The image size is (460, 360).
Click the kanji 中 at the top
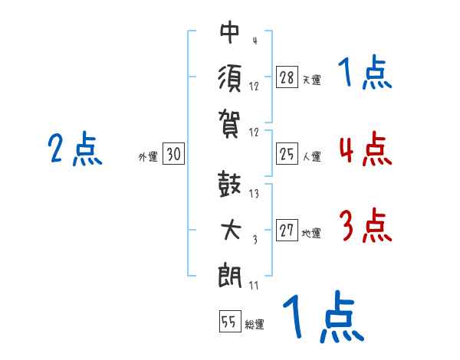point(230,33)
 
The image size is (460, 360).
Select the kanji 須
point(230,77)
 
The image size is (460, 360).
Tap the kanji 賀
point(230,120)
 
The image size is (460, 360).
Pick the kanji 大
point(230,230)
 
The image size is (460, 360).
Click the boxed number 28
point(287,77)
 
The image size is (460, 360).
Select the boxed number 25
point(287,154)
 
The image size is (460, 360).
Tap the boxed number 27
point(287,231)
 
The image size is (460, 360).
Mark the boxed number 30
point(173,155)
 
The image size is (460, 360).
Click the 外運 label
point(147,157)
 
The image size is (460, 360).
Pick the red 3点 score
point(365,226)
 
